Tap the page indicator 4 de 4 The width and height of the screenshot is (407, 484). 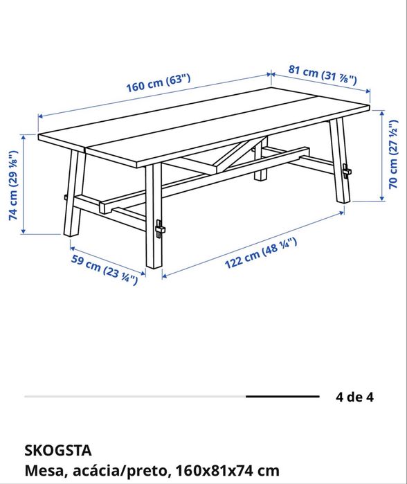[x=354, y=397]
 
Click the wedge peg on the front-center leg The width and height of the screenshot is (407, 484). [x=160, y=228]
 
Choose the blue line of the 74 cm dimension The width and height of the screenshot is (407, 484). [x=26, y=183]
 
